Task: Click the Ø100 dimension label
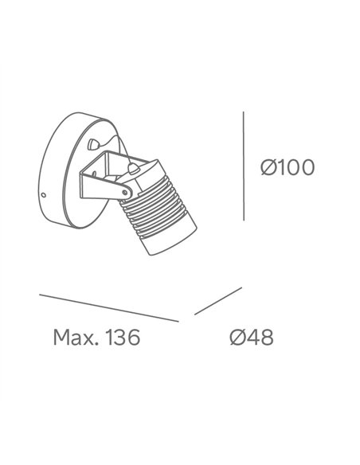pos(288,167)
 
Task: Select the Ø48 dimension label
pos(252,337)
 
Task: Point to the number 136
pos(123,337)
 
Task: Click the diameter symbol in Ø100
pos(268,167)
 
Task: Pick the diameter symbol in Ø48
pos(237,337)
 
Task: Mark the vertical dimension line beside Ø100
pos(244,166)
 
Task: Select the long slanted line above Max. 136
pos(109,308)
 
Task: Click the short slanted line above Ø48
pos(218,301)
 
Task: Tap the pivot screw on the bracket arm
pos(125,193)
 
